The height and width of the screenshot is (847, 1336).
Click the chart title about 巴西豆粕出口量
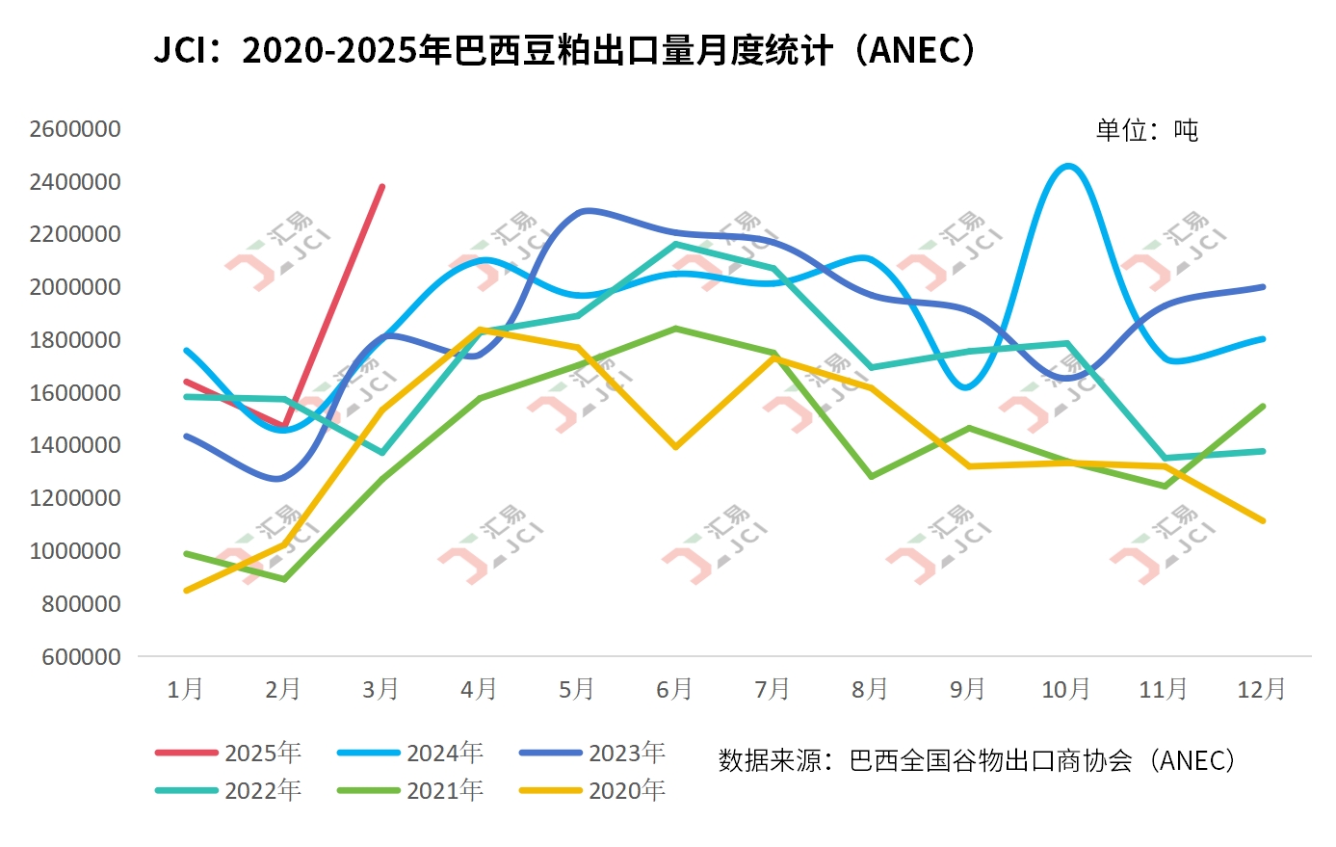click(x=566, y=50)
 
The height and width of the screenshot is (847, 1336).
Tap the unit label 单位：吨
click(x=1146, y=130)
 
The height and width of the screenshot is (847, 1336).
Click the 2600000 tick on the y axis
click(x=75, y=129)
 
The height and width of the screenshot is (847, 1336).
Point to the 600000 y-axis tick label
click(x=81, y=657)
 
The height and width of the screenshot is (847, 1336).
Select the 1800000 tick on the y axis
click(x=75, y=340)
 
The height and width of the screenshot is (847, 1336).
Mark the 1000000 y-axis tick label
click(x=75, y=551)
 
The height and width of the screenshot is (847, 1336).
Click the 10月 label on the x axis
click(x=1065, y=689)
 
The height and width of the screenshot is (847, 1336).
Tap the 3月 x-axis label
click(x=380, y=689)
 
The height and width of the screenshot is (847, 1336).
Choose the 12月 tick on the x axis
click(x=1261, y=689)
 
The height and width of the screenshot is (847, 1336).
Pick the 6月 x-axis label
click(x=674, y=689)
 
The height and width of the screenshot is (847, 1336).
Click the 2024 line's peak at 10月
click(x=1067, y=166)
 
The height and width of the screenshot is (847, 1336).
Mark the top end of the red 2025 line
click(x=382, y=186)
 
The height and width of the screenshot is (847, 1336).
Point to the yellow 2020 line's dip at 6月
click(x=675, y=447)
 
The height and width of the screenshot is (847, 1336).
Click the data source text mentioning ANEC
click(x=977, y=760)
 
